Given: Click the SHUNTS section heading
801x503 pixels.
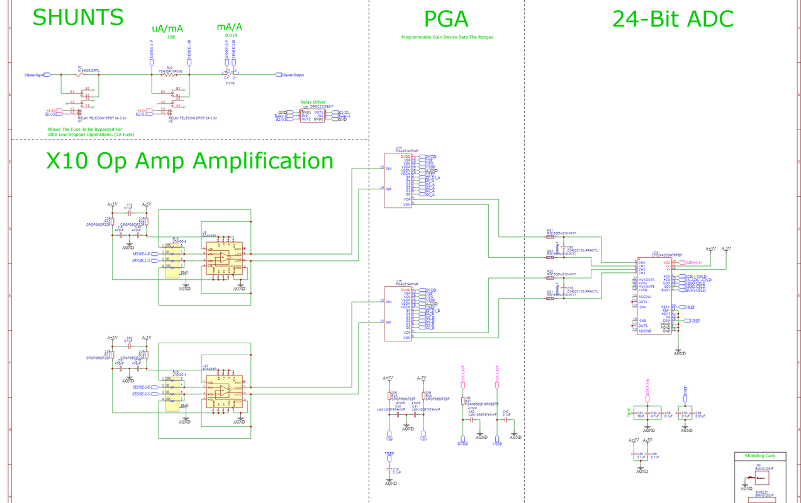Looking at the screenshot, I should click(x=78, y=18).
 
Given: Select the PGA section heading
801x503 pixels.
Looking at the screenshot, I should click(x=446, y=19).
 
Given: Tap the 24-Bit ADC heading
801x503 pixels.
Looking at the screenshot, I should click(x=673, y=19).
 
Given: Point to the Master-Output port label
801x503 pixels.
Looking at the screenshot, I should click(x=291, y=75).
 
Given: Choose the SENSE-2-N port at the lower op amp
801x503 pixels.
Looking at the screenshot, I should click(x=142, y=394).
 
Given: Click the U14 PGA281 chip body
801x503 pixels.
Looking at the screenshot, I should click(x=398, y=181).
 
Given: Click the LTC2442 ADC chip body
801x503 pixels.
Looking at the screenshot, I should click(x=653, y=295).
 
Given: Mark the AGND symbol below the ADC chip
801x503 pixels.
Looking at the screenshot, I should click(x=680, y=353).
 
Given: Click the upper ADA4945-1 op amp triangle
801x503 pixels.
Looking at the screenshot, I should click(x=222, y=257).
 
